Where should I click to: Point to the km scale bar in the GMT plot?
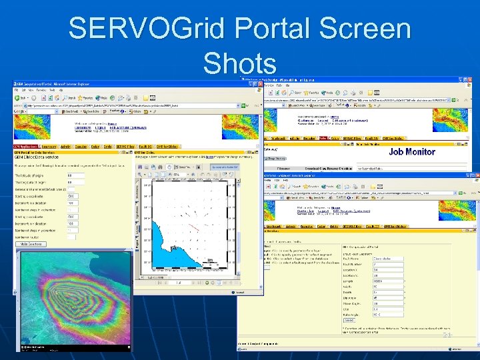[212, 261]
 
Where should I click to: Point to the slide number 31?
[447, 335]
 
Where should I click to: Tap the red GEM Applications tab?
[27, 146]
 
